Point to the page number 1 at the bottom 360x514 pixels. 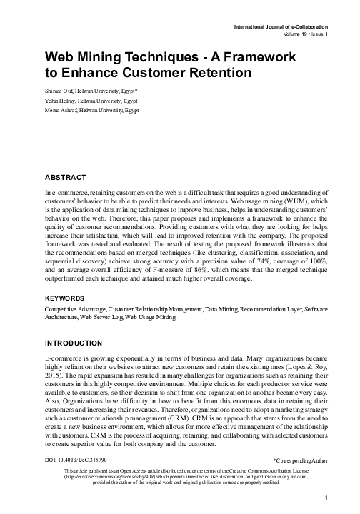pos(324,498)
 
